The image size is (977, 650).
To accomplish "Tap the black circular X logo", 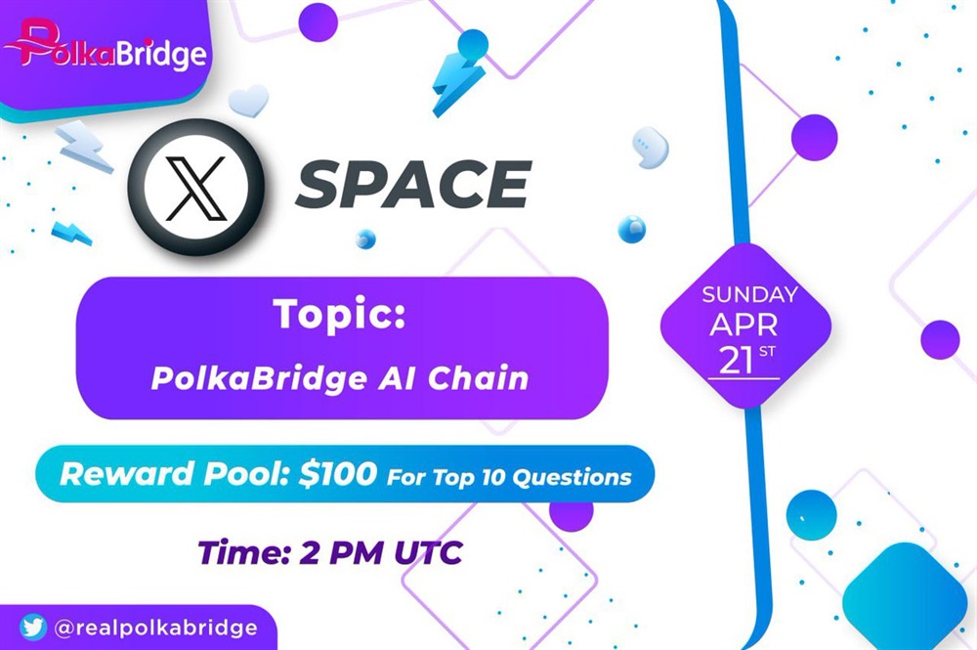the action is [195, 187].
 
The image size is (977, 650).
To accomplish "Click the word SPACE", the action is [413, 185].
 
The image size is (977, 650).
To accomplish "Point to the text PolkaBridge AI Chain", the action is [340, 377].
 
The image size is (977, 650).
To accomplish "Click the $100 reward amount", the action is [338, 474].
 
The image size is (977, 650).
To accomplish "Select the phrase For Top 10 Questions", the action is [509, 477].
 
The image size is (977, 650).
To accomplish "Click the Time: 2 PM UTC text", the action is [330, 552].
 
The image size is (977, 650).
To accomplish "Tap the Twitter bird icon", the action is [33, 627].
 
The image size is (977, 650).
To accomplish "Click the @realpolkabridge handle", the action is [155, 628].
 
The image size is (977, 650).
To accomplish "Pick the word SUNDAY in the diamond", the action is [750, 294].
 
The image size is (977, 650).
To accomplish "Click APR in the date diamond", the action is [743, 325].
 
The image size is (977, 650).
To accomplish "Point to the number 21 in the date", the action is [736, 360].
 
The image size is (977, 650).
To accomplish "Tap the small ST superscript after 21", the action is [767, 352].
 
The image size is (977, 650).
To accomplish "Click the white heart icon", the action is [248, 101].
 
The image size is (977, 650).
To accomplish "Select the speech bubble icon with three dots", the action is [651, 148].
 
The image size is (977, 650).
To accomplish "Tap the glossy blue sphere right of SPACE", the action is [631, 229].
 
